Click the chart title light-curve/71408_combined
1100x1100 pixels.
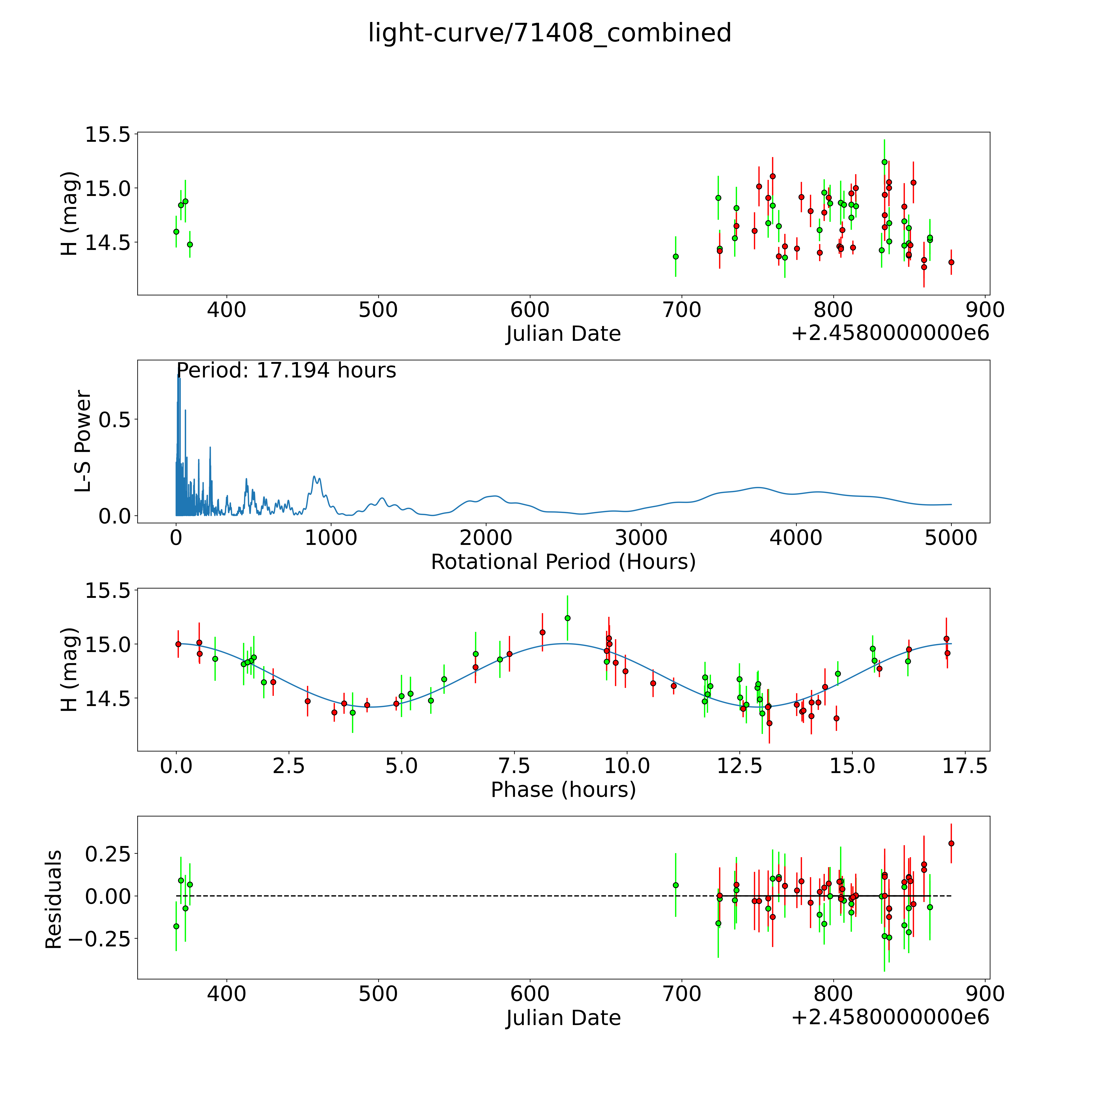coord(549,33)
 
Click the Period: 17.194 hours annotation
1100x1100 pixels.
coord(286,371)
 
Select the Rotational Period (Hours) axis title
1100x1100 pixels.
coord(563,562)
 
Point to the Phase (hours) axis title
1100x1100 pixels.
coord(563,790)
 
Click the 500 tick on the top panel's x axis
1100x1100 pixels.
coord(378,310)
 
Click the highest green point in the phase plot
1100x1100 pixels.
coord(567,618)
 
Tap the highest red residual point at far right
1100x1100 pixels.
coord(951,843)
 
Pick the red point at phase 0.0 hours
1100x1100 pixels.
coord(178,644)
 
